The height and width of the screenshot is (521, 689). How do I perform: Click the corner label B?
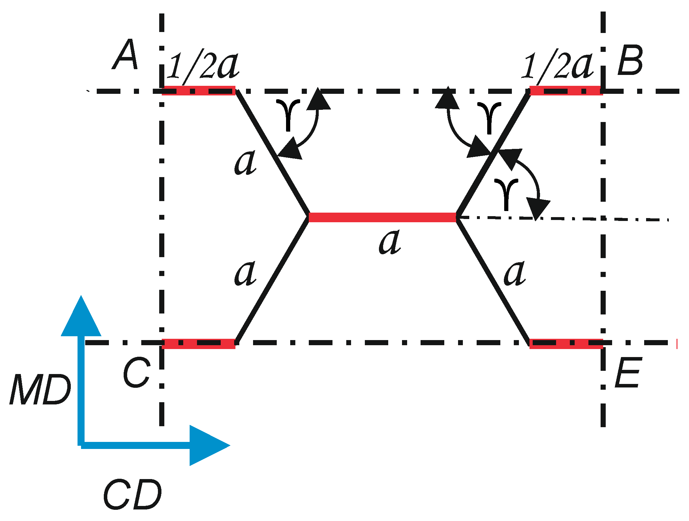(630, 61)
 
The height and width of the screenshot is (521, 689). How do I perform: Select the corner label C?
(136, 372)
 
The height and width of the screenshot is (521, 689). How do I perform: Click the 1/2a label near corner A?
(204, 65)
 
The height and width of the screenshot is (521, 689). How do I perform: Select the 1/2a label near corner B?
(558, 65)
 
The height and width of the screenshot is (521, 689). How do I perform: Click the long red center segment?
(382, 217)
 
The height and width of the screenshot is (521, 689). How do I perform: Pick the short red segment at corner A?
(199, 91)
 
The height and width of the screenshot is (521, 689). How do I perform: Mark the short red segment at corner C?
(199, 344)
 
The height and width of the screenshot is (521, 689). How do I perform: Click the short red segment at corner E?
(566, 344)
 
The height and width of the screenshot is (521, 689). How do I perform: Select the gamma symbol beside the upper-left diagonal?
(288, 114)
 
